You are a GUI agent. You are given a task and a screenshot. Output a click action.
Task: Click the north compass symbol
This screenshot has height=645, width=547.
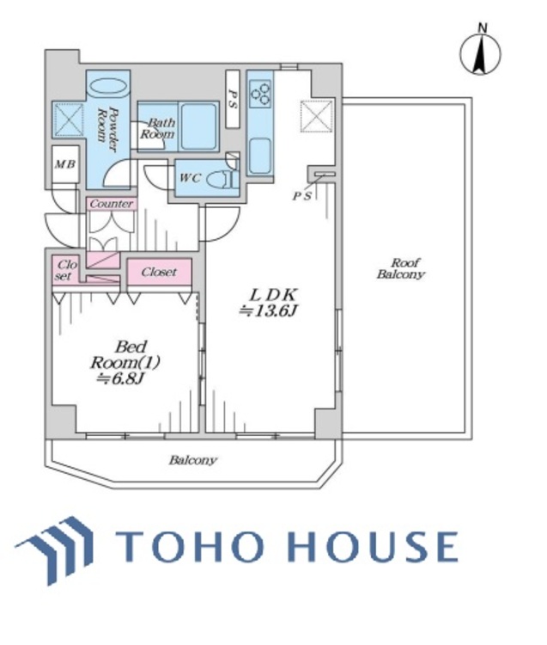[482, 52]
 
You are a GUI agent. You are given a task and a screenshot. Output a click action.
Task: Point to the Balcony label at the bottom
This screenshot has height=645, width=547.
[192, 460]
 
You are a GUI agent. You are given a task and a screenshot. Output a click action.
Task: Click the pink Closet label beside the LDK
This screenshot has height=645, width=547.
[159, 272]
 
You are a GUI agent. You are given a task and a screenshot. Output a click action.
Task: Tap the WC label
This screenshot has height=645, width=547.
[190, 179]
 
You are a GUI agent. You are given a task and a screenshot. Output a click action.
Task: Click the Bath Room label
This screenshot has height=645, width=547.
[158, 128]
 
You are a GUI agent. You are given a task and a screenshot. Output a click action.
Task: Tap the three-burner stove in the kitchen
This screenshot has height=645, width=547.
[260, 90]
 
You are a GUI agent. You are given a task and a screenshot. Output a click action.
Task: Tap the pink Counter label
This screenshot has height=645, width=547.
[111, 204]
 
